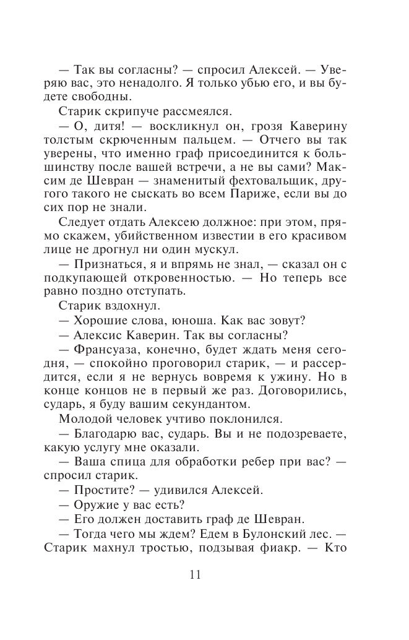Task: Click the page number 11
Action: (195, 574)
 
